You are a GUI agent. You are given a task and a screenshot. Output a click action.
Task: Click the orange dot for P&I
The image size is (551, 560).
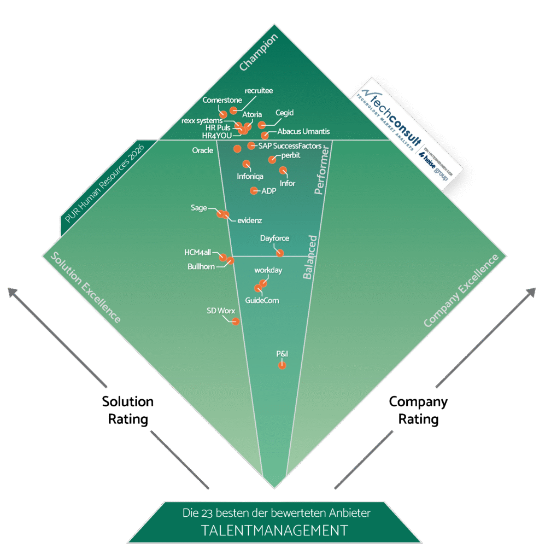click(282, 365)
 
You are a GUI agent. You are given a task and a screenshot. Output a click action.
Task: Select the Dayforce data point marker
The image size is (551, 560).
click(280, 253)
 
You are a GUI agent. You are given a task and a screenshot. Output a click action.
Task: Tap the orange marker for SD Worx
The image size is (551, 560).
click(236, 322)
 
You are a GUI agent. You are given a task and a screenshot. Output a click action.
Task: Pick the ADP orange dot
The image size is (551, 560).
click(254, 190)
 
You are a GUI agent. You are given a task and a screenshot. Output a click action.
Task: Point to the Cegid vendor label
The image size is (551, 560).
click(284, 113)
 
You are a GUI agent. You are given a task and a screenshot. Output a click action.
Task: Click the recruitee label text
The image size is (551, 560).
click(259, 90)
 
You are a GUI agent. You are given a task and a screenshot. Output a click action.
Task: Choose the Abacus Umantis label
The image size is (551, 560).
click(303, 131)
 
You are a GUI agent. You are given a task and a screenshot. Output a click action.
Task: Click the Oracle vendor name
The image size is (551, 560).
click(203, 150)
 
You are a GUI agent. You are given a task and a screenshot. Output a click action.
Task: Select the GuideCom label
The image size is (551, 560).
click(262, 300)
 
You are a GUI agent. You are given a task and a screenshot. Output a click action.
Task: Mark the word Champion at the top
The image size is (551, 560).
click(259, 52)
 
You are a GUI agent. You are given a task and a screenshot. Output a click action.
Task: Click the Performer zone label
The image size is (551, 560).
click(323, 170)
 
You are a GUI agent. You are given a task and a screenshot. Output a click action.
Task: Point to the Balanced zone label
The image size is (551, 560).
click(310, 257)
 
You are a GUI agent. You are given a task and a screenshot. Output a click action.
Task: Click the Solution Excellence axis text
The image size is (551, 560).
click(85, 287)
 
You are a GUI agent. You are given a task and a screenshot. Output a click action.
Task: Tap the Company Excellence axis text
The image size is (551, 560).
click(462, 290)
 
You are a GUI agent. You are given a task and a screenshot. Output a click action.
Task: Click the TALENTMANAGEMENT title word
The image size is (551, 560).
click(274, 530)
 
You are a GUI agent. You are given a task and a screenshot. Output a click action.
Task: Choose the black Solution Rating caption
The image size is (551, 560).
click(128, 410)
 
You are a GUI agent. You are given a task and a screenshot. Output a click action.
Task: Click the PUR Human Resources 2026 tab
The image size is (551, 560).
click(104, 184)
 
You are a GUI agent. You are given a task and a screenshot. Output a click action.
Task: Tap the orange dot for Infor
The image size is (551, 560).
click(283, 170)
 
